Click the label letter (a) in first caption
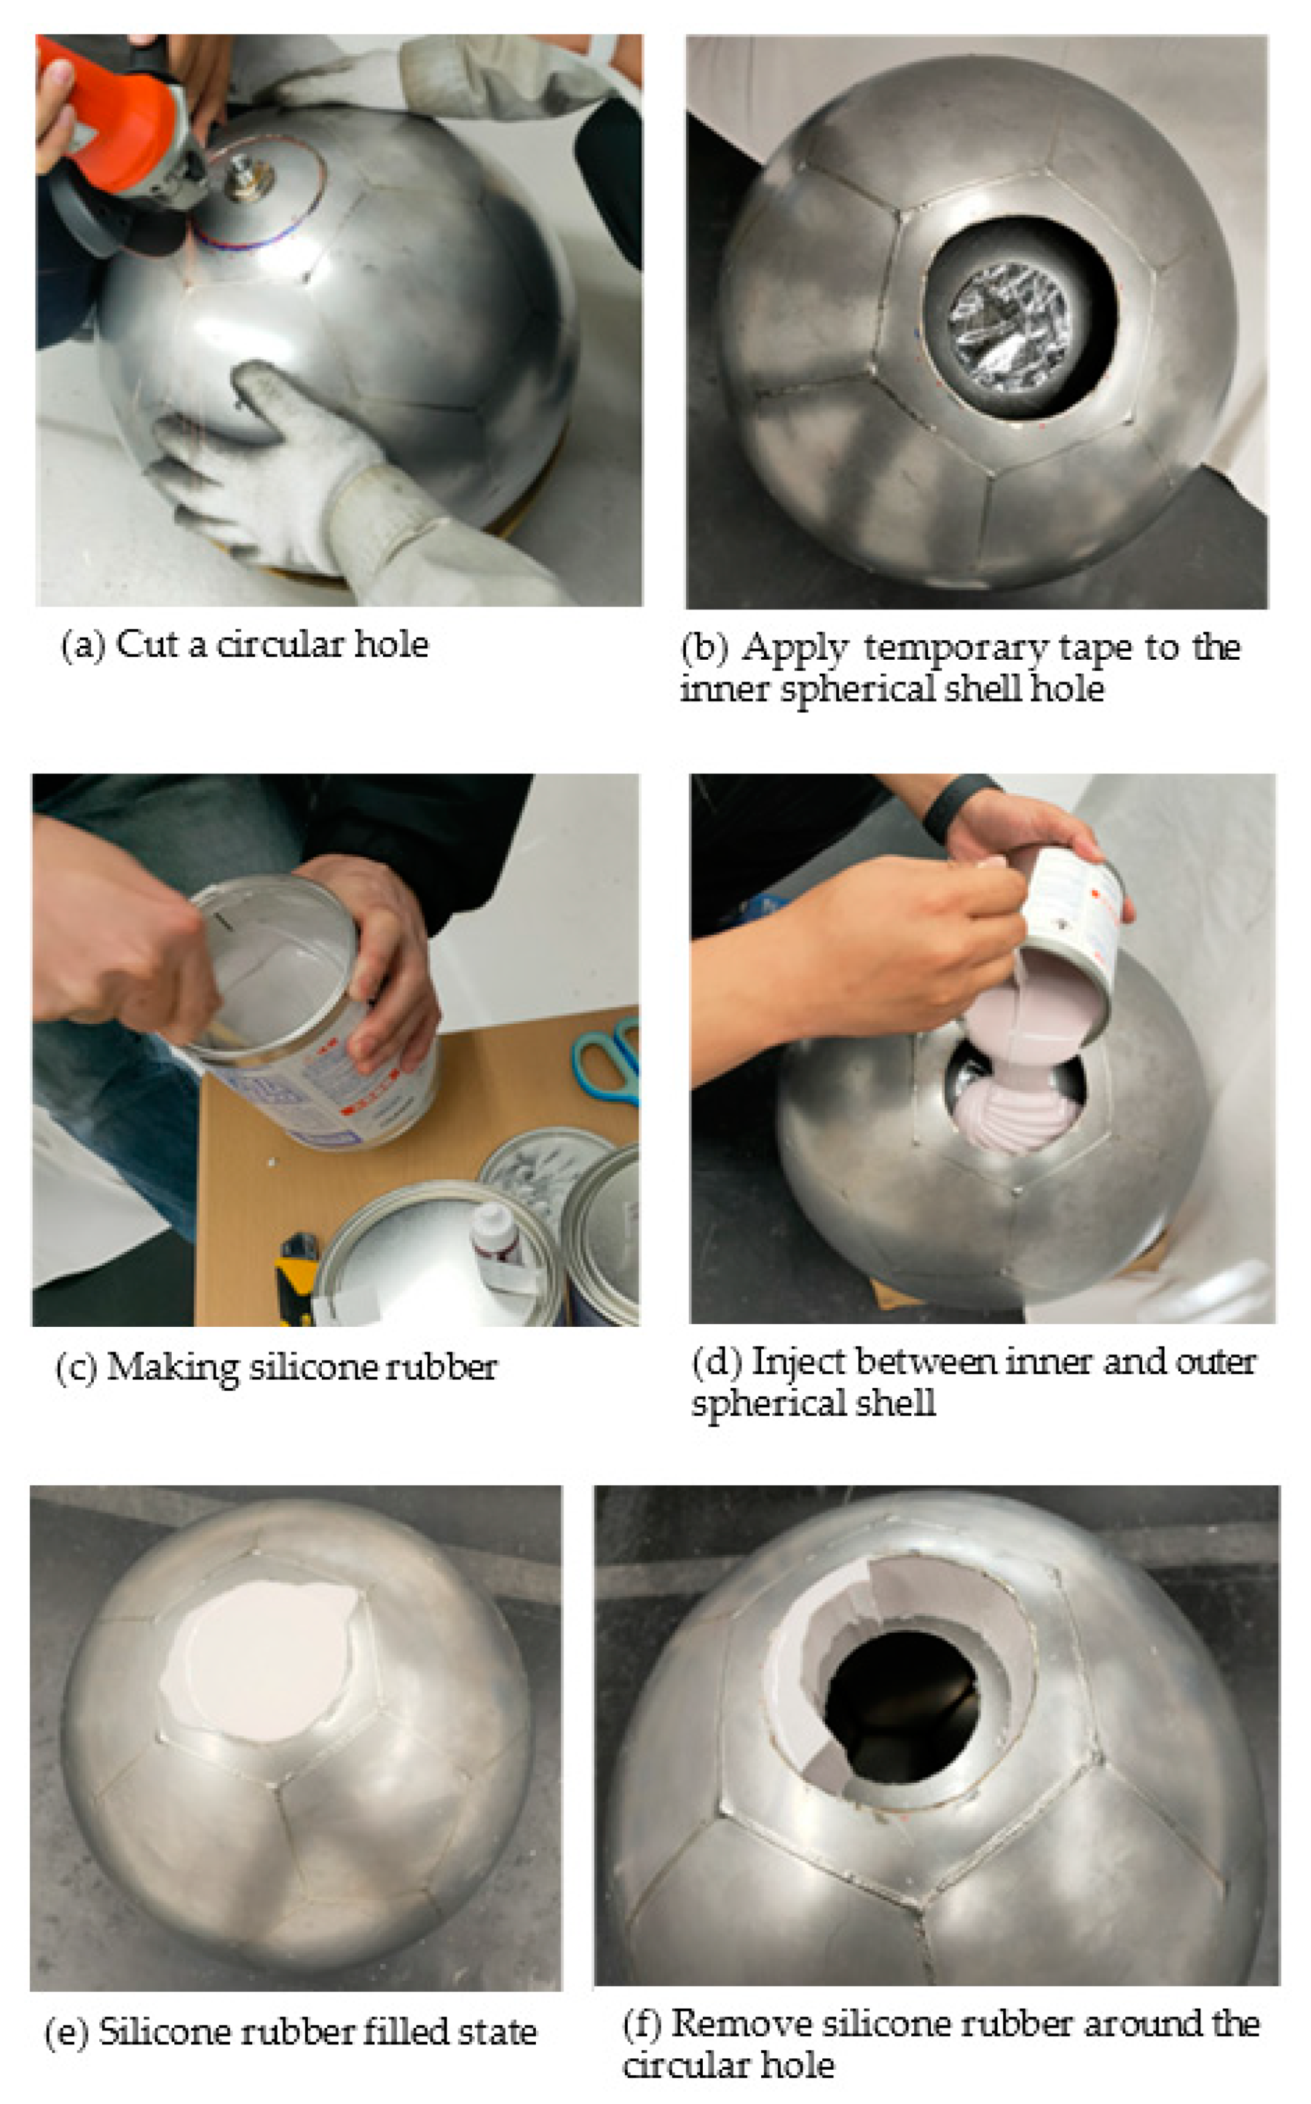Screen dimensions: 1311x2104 tap(82, 645)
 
